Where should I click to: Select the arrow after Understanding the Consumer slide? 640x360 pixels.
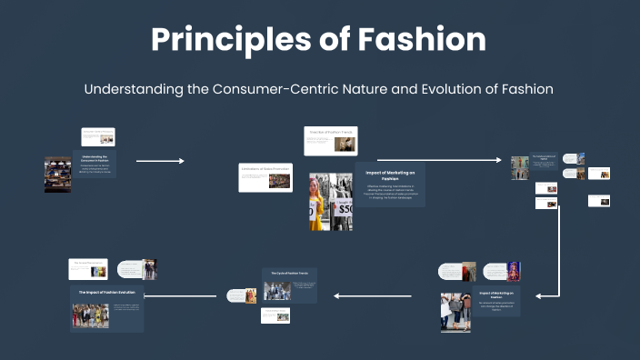click(x=160, y=161)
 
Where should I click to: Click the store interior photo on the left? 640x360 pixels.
click(x=57, y=175)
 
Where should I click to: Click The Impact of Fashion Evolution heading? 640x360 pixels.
click(x=106, y=292)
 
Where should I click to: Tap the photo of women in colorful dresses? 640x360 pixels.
click(x=91, y=315)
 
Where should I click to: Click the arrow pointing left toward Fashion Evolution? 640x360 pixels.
click(x=181, y=295)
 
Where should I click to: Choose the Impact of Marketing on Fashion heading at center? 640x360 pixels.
click(x=389, y=175)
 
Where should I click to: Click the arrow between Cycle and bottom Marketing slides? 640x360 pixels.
click(x=373, y=295)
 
